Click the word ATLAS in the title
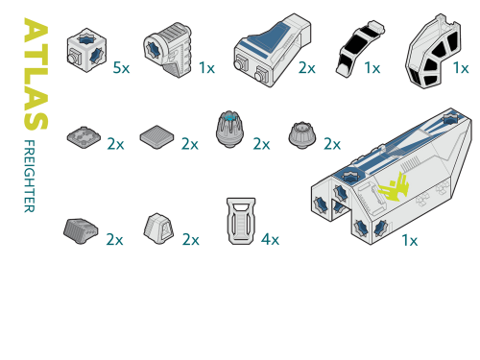[x=36, y=74]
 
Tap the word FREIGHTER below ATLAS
[x=30, y=176]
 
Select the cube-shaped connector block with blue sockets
[x=86, y=50]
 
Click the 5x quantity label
[x=121, y=68]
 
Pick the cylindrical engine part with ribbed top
[x=167, y=50]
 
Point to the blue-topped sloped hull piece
[x=273, y=50]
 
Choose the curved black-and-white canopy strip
[x=360, y=49]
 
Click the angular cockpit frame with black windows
[x=433, y=51]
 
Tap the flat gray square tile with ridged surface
[x=156, y=137]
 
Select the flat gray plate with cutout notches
[x=84, y=137]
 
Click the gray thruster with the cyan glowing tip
[x=229, y=130]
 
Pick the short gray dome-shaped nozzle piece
[x=302, y=134]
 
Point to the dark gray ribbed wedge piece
[x=81, y=231]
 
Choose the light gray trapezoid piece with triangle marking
[x=158, y=228]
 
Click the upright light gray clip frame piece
[x=241, y=221]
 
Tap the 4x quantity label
[x=270, y=239]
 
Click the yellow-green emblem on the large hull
[x=394, y=188]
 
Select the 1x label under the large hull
[x=410, y=240]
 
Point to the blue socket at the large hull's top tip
[x=451, y=119]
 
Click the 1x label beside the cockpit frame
[x=461, y=68]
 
